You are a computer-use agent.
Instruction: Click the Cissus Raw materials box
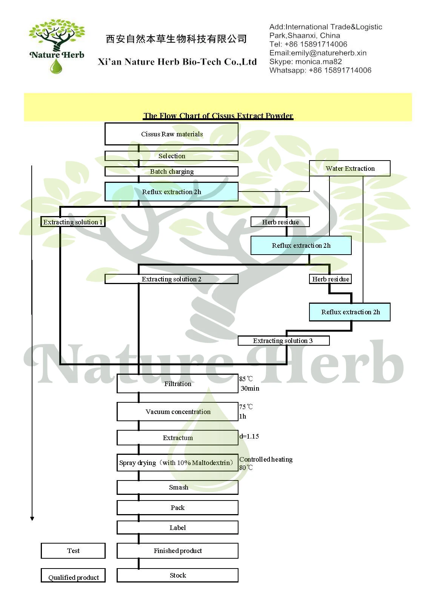(172, 134)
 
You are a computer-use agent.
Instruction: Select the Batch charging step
(172, 171)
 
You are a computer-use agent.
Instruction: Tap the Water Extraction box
(350, 168)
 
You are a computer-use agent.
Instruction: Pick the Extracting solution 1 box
(73, 222)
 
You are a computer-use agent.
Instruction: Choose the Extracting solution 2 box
(172, 279)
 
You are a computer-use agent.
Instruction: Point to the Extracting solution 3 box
(283, 341)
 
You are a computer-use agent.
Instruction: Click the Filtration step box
(178, 384)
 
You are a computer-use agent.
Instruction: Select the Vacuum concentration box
(178, 412)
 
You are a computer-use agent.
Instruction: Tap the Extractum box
(178, 438)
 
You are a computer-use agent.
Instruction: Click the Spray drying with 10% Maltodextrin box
(178, 463)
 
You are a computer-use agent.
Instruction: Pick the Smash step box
(178, 487)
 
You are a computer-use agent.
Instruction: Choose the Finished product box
(178, 551)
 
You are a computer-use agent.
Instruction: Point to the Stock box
(178, 575)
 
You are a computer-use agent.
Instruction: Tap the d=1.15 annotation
(249, 436)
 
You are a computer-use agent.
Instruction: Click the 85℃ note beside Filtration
(246, 379)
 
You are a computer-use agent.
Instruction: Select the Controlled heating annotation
(266, 459)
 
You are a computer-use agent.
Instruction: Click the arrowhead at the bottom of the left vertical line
(32, 518)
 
